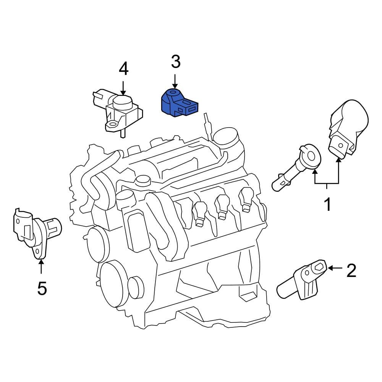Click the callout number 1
coord(328,205)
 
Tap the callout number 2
coord(351,270)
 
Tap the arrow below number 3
coord(175,81)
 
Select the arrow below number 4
coord(123,88)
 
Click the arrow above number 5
coord(41,267)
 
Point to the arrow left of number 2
coord(335,268)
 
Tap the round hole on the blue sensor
coord(173,92)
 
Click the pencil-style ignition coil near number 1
coord(296,168)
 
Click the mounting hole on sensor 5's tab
coord(37,251)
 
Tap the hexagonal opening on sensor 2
coord(318,267)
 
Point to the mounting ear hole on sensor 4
coord(113,124)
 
